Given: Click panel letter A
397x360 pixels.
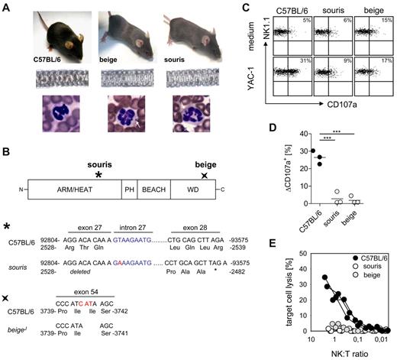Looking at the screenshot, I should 7,8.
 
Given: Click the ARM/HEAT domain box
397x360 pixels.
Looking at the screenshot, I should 74,186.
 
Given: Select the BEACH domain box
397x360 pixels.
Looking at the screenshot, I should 155,186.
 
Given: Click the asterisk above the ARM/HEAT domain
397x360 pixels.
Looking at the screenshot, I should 98,174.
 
